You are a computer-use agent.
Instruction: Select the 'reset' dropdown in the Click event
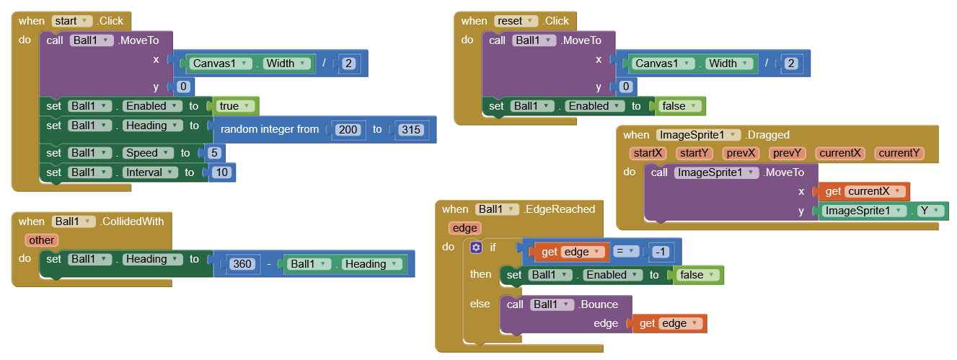tap(518, 21)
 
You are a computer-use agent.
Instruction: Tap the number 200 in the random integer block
tap(348, 130)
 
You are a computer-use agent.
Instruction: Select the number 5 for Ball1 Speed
tap(213, 153)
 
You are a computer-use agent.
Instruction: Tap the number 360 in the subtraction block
tap(242, 264)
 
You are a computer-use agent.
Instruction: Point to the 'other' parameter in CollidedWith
tap(42, 240)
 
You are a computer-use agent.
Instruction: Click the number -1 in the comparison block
tap(661, 252)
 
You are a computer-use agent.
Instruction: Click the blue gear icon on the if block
tap(476, 247)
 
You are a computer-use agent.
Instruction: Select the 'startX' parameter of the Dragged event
tap(647, 153)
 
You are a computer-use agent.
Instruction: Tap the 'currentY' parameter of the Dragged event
tap(899, 153)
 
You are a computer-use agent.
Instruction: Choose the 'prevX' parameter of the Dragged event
tap(740, 153)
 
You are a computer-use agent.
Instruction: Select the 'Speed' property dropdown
tap(149, 153)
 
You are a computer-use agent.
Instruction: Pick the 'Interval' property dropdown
tap(151, 172)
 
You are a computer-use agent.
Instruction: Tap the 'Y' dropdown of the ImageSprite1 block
tap(930, 211)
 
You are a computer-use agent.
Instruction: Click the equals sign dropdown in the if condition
tap(626, 252)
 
